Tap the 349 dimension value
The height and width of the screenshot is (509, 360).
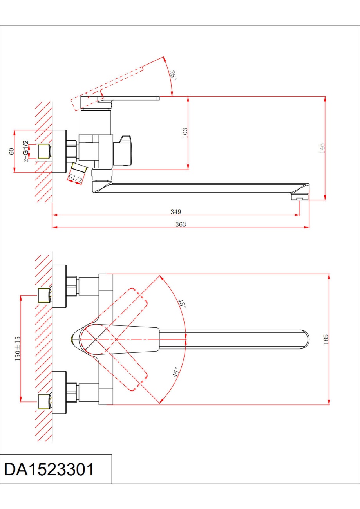point(176,212)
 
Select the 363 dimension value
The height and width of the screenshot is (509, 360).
point(181,224)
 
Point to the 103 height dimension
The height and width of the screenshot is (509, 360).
point(185,133)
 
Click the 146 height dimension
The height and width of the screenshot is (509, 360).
point(322,148)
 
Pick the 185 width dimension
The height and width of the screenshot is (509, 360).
point(326,339)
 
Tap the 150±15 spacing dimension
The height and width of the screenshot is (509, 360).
point(18,348)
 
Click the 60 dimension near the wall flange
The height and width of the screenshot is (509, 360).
point(11,152)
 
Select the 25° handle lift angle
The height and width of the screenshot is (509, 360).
point(173,75)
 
